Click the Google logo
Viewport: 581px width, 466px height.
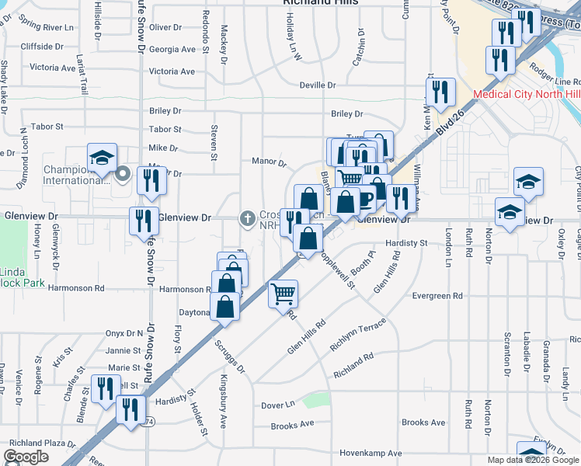(26, 457)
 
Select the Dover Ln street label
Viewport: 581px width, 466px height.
(278, 405)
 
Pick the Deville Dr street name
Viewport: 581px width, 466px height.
(317, 85)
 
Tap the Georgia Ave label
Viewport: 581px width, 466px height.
(172, 49)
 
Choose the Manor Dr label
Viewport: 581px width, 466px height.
(269, 162)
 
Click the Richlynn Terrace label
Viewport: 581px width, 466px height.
(357, 336)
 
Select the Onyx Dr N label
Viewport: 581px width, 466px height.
(125, 333)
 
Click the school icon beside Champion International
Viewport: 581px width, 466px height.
(102, 158)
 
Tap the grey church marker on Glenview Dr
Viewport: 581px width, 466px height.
(248, 218)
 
